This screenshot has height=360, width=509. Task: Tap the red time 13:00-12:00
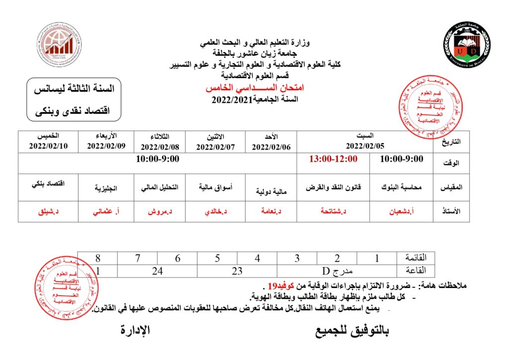[x=333, y=159]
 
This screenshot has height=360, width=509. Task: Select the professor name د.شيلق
[x=49, y=211]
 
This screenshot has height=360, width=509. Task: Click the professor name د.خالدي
[x=216, y=211]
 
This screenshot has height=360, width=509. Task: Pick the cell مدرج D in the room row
[x=337, y=271]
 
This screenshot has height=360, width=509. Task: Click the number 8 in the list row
[x=98, y=258]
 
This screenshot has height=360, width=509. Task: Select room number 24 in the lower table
[x=158, y=271]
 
